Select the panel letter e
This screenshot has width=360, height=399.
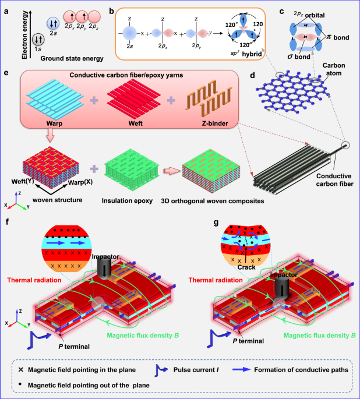pos(6,74)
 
